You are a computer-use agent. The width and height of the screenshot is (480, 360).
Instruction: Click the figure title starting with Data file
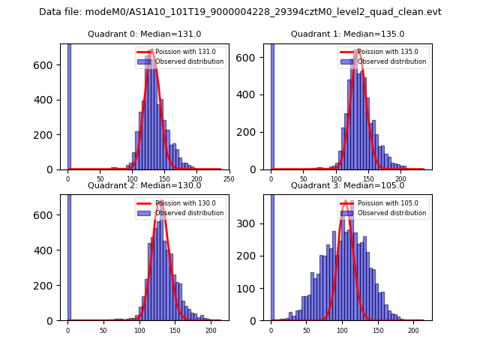240,12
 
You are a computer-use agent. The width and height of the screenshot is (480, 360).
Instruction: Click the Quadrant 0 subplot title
145,34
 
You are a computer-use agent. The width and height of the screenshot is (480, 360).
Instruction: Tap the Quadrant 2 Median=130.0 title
145,185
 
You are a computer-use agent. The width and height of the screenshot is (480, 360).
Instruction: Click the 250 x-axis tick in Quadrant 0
229,179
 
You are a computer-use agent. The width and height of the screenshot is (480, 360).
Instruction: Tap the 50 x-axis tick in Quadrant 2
103,330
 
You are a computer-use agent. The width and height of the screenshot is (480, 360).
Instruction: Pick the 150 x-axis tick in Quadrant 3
377,330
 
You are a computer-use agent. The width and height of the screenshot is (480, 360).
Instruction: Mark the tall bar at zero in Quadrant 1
271,105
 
